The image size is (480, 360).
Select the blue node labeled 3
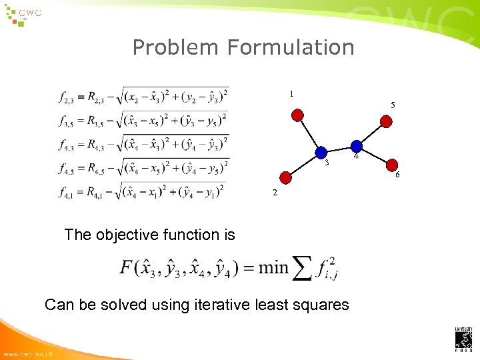click(x=321, y=153)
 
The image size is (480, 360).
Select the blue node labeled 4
click(x=357, y=146)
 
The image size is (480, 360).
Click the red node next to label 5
click(x=386, y=121)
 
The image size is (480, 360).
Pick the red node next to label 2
click(x=285, y=177)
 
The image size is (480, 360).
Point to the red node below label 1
click(x=299, y=115)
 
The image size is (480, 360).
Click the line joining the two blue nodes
click(x=339, y=149)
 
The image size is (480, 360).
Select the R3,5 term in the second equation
click(x=99, y=121)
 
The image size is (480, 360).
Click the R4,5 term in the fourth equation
click(x=100, y=168)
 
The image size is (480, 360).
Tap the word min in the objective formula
click(x=273, y=268)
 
